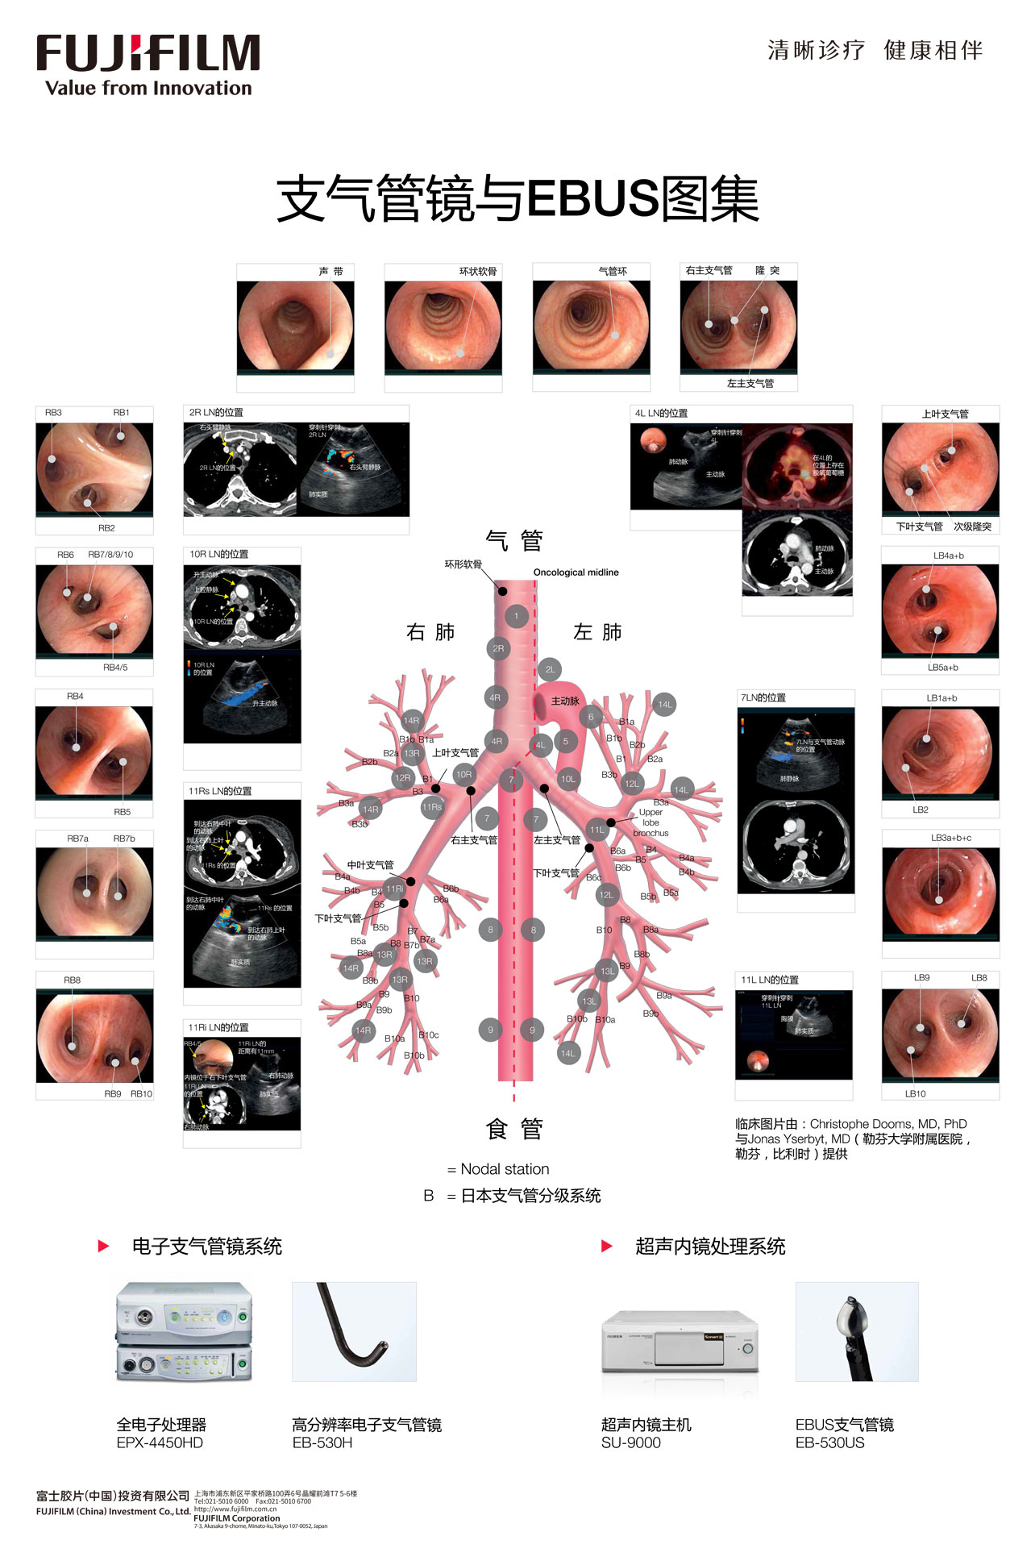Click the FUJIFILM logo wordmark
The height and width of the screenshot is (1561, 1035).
point(148,53)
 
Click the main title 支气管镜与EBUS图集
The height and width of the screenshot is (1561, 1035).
point(517,199)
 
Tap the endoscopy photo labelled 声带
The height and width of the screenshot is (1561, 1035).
point(295,326)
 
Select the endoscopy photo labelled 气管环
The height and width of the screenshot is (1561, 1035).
point(591,326)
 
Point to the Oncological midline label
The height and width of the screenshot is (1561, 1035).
point(576,572)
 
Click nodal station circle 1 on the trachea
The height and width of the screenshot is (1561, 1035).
point(517,617)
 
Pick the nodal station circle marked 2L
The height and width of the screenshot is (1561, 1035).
point(551,669)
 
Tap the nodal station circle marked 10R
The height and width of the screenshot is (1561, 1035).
point(463,774)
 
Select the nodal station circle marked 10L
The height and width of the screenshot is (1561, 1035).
point(568,779)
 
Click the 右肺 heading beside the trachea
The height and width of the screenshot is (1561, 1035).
point(430,632)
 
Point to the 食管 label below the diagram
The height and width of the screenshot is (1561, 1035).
point(514,1129)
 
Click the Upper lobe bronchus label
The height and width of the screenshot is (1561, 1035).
point(651,822)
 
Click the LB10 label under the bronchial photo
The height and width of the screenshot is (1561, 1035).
point(915,1093)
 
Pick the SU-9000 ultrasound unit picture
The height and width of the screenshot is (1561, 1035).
point(680,1343)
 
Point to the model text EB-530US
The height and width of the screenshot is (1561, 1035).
point(829,1442)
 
